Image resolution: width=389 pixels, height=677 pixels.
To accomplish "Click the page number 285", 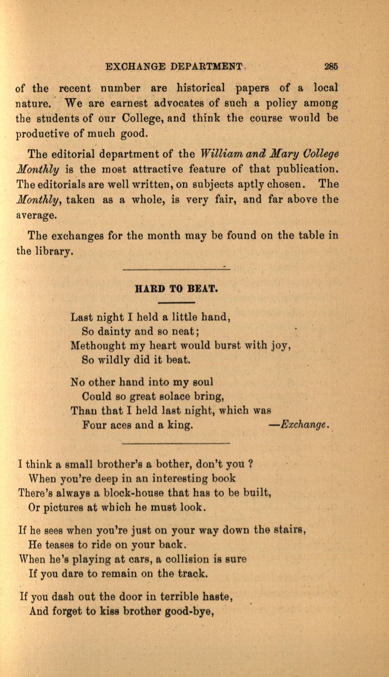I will [x=331, y=66].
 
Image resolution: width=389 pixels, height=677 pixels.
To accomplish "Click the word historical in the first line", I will [x=201, y=88].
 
